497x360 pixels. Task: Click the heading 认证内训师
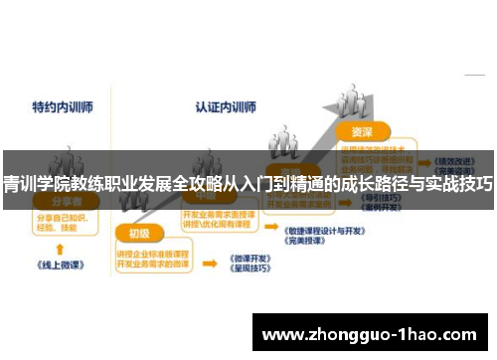click(x=224, y=105)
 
